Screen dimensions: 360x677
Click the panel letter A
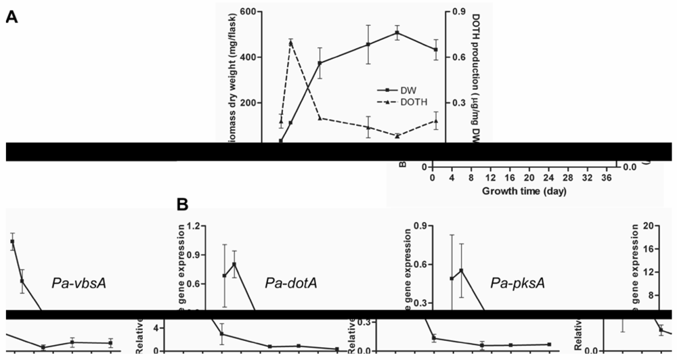pos(12,18)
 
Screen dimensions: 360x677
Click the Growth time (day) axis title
pos(524,191)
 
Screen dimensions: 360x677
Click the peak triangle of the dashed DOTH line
pos(290,43)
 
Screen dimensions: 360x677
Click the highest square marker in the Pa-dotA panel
pos(234,264)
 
